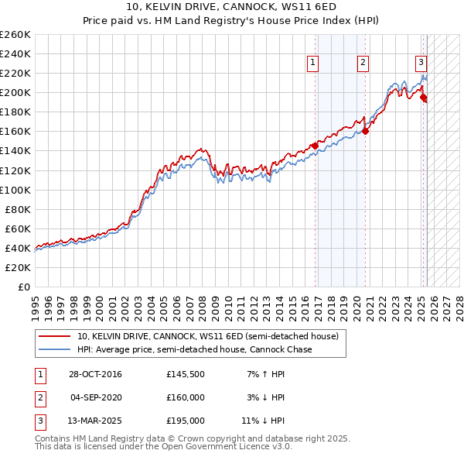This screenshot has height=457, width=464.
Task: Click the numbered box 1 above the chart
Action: (x=313, y=64)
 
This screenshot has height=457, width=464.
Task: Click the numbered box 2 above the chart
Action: (x=363, y=64)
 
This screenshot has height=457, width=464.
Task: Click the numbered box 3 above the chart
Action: (x=421, y=64)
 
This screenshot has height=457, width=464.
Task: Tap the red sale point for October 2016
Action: (x=316, y=145)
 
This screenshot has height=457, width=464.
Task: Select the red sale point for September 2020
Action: (x=366, y=131)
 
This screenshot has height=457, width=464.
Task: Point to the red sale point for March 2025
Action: (x=424, y=97)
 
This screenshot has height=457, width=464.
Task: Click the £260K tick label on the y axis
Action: (x=15, y=35)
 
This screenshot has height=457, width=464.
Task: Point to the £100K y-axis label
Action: (x=15, y=190)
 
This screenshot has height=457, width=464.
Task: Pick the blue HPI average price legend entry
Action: (x=193, y=349)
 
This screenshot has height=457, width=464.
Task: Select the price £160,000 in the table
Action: (x=186, y=397)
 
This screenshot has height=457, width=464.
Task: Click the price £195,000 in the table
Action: (x=186, y=421)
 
